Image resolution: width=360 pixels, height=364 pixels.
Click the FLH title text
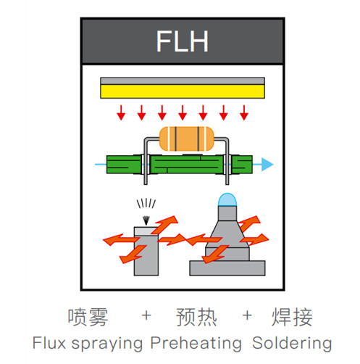(x=183, y=41)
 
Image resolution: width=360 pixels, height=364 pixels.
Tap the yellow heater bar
(x=183, y=91)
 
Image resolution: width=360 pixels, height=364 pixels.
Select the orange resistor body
(x=186, y=139)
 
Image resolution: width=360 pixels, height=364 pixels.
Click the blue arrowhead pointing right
(x=267, y=165)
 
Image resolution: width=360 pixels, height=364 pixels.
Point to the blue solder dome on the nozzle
(x=227, y=200)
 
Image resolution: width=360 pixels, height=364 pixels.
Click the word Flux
(x=49, y=343)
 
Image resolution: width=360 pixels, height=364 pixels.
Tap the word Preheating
(x=196, y=344)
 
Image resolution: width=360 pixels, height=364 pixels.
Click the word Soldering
(x=292, y=344)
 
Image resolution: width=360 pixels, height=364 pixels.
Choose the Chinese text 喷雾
(x=88, y=317)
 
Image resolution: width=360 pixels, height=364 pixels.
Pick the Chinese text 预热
(x=196, y=317)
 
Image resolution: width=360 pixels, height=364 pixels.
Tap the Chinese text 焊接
(x=292, y=317)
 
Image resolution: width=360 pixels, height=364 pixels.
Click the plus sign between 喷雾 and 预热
(x=146, y=315)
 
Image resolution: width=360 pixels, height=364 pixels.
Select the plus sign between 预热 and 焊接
(x=247, y=315)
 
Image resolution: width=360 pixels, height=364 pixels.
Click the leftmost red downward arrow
(x=121, y=112)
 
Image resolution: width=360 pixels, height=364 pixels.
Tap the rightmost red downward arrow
(x=244, y=112)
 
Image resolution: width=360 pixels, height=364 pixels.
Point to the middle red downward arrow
(x=183, y=112)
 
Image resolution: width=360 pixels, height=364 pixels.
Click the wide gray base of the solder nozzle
(x=227, y=268)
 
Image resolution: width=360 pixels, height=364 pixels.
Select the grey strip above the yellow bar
(x=183, y=81)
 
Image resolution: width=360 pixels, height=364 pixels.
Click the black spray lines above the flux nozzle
(x=146, y=204)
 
